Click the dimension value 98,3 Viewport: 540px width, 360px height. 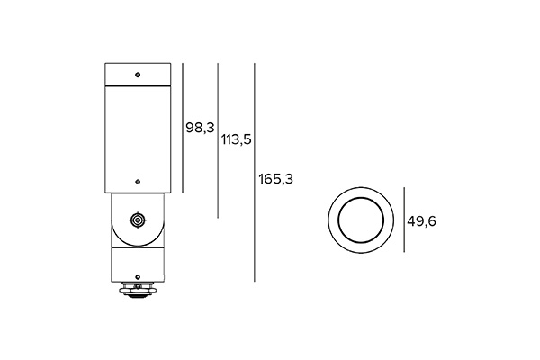199,128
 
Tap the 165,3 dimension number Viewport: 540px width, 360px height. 275,178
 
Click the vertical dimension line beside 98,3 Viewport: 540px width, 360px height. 183,127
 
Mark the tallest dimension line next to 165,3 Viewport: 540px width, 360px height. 255,172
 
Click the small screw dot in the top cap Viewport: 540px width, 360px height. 137,73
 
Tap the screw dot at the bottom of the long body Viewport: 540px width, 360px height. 137,180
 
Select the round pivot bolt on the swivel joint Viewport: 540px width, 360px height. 137,220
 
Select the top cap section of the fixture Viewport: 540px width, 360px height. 137,73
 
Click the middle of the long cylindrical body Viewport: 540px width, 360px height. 137,135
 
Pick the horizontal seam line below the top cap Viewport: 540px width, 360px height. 137,84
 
